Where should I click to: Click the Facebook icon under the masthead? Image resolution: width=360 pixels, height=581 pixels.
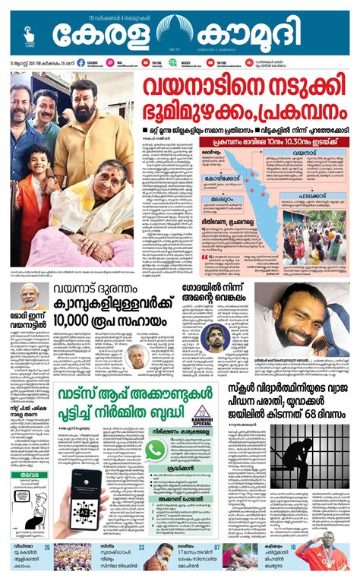click(x=81, y=62)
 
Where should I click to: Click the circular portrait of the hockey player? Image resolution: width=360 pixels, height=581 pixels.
click(x=216, y=336)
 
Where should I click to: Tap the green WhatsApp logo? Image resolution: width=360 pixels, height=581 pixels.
click(x=155, y=450)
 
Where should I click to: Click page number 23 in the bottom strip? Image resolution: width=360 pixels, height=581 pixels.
click(x=141, y=547)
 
